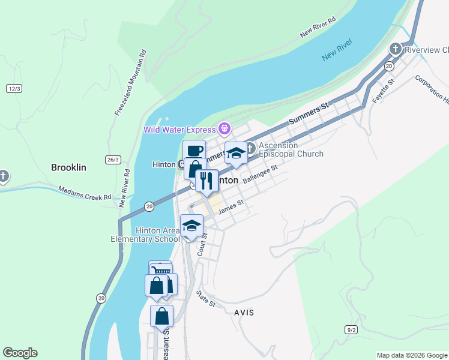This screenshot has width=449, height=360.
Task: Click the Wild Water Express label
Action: click(x=179, y=130)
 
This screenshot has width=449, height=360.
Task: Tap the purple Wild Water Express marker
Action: click(x=225, y=128)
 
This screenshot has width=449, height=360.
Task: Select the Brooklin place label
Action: click(x=68, y=167)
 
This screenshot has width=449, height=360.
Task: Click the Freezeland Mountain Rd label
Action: click(x=130, y=83)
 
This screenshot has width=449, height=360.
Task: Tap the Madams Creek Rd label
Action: click(x=85, y=193)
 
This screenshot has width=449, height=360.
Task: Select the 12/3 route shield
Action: click(x=14, y=88)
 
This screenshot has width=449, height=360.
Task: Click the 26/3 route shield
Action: click(x=113, y=160)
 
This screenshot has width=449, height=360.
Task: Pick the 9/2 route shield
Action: click(x=352, y=329)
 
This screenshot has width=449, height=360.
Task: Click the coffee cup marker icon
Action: click(x=194, y=151)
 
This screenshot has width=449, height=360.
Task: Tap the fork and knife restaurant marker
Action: click(x=206, y=181)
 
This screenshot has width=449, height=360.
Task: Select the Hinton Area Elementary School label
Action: click(x=145, y=235)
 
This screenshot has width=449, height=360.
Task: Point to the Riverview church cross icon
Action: click(x=395, y=49)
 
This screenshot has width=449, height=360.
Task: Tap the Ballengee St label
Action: click(x=259, y=176)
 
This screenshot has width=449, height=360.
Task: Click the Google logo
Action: click(x=20, y=353)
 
